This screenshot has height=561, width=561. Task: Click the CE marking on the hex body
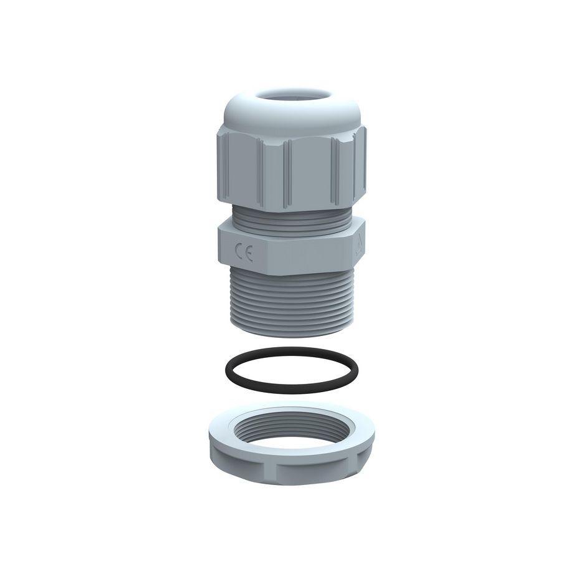pyautogui.click(x=243, y=254)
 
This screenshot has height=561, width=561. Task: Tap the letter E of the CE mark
pyautogui.click(x=248, y=255)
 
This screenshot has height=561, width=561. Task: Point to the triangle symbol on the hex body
pyautogui.click(x=358, y=252)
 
